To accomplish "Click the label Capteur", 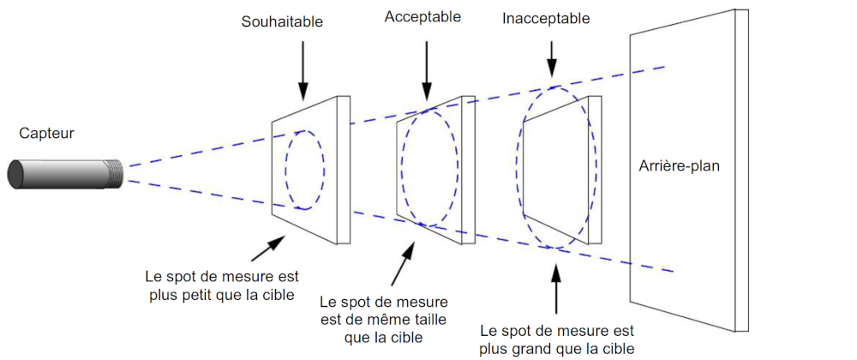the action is [x=46, y=134].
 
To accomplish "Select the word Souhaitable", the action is [x=283, y=22].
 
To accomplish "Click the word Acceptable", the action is [x=423, y=17].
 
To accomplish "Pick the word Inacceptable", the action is [x=546, y=19].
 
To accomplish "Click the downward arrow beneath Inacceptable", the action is [x=551, y=59].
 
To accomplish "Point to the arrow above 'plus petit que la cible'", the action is [x=268, y=248].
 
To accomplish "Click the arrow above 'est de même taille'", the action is [x=404, y=263].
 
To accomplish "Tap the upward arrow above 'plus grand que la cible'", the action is [x=556, y=289].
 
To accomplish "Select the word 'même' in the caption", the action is [x=385, y=320].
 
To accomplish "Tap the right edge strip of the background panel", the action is [x=741, y=171].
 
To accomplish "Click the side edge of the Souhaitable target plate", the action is [x=344, y=170].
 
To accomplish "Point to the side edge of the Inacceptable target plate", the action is [x=595, y=170].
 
